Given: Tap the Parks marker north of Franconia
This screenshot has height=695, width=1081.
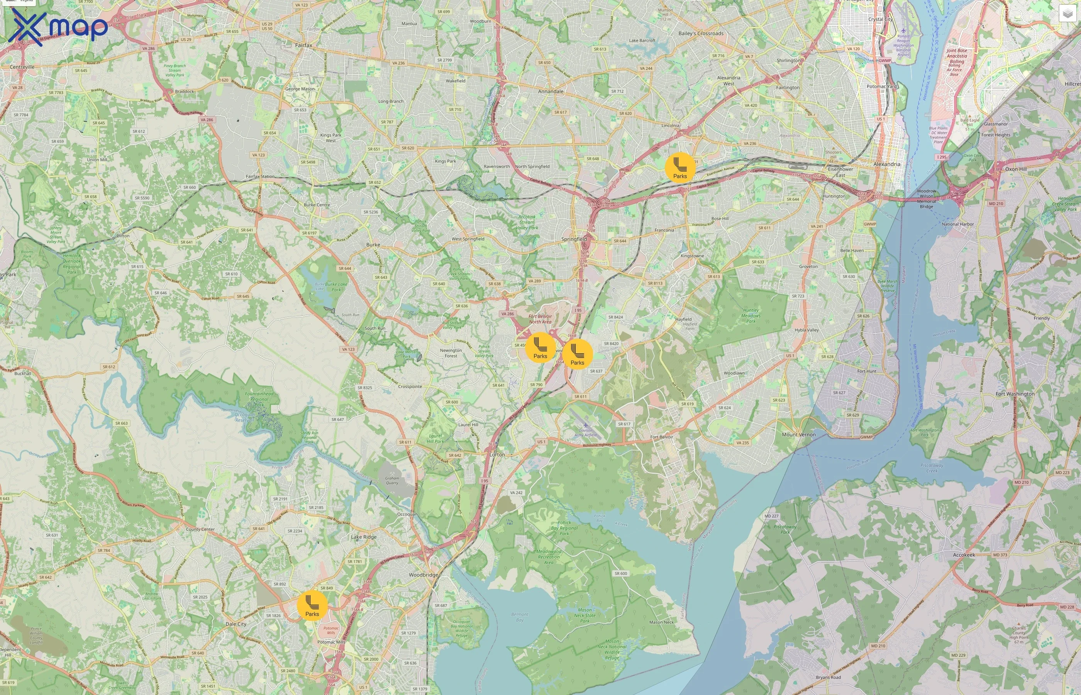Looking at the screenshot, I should [680, 168].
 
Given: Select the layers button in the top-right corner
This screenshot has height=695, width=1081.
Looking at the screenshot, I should [1067, 14].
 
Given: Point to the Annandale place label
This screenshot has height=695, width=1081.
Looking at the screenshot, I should [551, 91].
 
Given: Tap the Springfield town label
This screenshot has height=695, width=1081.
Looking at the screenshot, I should [574, 239].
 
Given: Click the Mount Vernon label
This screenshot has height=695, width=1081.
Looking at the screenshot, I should [798, 435].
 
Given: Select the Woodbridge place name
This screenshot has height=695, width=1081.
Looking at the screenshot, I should [423, 575].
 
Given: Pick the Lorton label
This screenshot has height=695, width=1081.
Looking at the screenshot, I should [497, 454].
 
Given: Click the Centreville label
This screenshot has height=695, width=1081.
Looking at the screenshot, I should [22, 67].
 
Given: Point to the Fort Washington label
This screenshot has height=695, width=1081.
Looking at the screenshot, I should [1015, 393].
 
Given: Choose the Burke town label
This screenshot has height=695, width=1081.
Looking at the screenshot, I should [373, 245].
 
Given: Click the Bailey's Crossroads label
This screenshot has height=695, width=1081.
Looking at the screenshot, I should [701, 33].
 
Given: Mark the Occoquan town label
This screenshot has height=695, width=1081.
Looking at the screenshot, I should [407, 514].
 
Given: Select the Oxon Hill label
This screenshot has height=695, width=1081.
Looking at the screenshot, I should [1016, 169].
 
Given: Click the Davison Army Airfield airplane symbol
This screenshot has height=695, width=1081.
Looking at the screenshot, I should [586, 425].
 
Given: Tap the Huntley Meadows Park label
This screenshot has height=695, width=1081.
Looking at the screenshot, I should [751, 316].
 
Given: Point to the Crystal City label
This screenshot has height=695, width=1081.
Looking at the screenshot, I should [880, 19].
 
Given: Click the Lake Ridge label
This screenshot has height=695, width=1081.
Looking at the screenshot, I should [364, 537].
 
